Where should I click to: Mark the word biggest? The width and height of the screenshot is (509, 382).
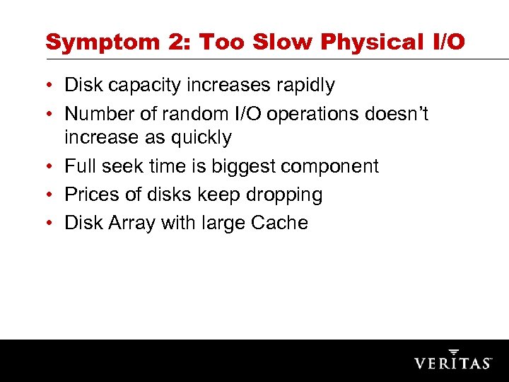[x=240, y=167]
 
